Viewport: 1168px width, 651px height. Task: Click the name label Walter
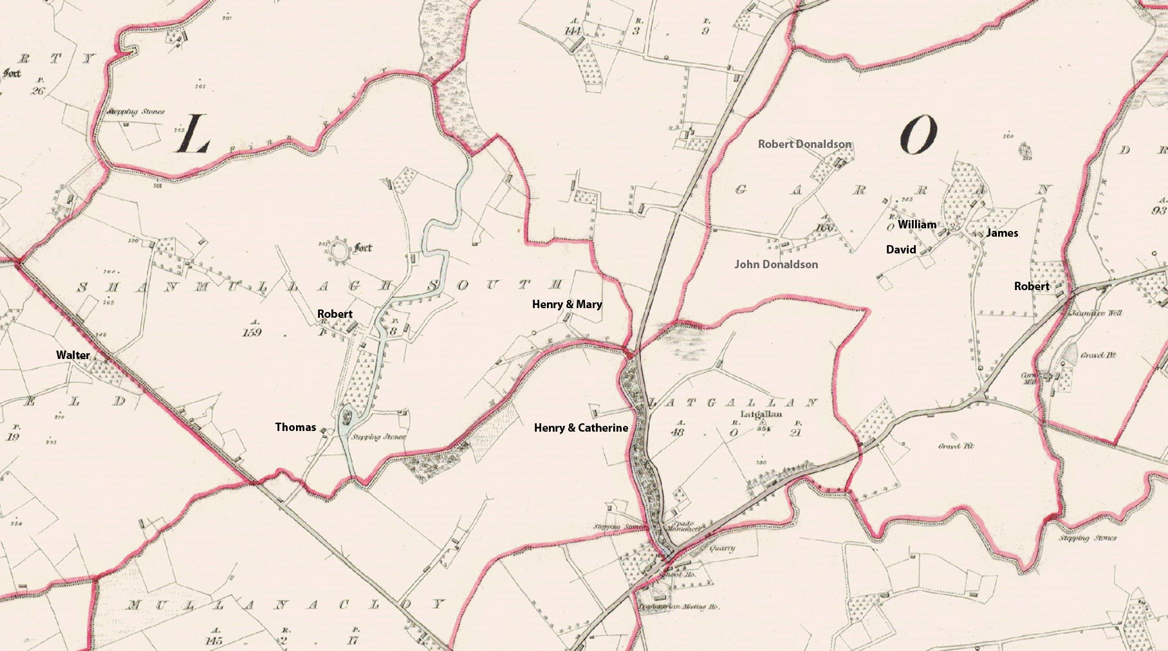pos(73,355)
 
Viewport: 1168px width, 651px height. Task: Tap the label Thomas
pos(295,427)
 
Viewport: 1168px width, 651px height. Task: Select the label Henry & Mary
pos(567,304)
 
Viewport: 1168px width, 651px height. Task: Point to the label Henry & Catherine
pos(580,428)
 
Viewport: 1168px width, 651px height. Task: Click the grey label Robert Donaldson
pos(804,144)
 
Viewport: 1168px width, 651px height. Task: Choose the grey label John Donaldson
pos(776,264)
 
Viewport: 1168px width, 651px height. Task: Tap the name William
pos(916,225)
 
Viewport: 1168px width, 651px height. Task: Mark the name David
pos(900,250)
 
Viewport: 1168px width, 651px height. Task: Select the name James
pos(1001,233)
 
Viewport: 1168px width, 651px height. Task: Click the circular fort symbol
pos(337,253)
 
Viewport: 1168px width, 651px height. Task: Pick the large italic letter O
pos(918,136)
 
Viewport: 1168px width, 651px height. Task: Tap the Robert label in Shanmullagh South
pos(335,314)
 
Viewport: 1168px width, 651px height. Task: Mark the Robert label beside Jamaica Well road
pos(1031,286)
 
